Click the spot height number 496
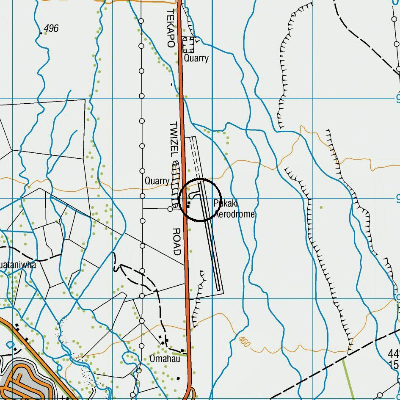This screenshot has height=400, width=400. pyautogui.click(x=51, y=28)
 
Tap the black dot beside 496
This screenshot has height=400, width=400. pyautogui.click(x=41, y=33)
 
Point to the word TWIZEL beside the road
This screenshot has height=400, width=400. pyautogui.click(x=174, y=141)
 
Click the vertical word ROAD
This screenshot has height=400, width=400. pyautogui.click(x=177, y=242)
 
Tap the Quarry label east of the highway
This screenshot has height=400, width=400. pyautogui.click(x=196, y=58)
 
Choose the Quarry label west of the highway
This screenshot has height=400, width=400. pyautogui.click(x=157, y=181)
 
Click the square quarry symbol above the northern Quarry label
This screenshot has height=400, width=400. pyautogui.click(x=188, y=44)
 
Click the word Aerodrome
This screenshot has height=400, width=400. pyautogui.click(x=234, y=214)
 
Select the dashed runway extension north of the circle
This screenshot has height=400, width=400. pyautogui.click(x=194, y=157)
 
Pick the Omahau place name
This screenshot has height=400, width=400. pyautogui.click(x=165, y=359)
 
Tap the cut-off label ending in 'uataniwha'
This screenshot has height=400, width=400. pyautogui.click(x=18, y=265)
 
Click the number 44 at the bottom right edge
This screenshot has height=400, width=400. pyautogui.click(x=393, y=354)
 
